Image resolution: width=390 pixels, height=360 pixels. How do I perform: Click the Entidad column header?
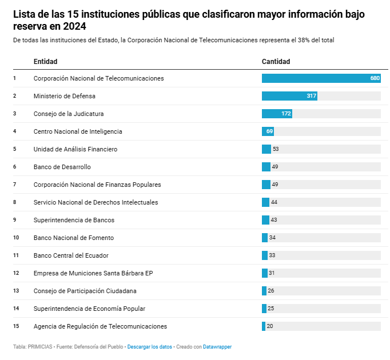pos(46,62)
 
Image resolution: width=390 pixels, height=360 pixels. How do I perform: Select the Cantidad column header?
pos(276,62)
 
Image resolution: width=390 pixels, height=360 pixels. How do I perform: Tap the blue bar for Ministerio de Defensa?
pos(289,96)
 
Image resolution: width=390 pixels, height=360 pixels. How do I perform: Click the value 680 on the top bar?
pos(375,78)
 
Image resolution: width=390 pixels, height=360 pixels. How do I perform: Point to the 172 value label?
pos(286,114)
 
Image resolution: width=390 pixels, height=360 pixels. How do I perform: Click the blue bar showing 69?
pos(268,131)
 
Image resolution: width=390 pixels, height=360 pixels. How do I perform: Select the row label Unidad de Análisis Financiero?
pos(75,149)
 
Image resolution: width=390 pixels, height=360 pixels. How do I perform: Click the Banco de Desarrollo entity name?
pos(62,167)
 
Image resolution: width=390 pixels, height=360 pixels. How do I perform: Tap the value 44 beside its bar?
pos(274,202)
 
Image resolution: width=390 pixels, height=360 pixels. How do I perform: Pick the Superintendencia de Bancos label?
pos(74,220)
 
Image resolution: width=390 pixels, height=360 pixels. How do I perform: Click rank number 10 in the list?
pos(16,238)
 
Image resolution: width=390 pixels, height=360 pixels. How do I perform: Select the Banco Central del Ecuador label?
pos(71,255)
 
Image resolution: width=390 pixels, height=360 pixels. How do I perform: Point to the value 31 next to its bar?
pos(272,273)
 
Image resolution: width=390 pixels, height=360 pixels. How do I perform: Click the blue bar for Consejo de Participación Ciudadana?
pos(264,291)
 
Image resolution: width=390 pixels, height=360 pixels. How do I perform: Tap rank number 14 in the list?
pos(16,309)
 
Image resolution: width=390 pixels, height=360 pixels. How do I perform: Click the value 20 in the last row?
pos(270,326)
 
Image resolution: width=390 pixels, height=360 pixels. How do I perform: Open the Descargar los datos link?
pos(149,347)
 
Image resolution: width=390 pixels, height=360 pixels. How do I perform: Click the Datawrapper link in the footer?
pos(217,347)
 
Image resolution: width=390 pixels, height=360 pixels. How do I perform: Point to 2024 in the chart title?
pos(74,26)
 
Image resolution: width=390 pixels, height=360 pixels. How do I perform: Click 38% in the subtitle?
pos(304,40)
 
